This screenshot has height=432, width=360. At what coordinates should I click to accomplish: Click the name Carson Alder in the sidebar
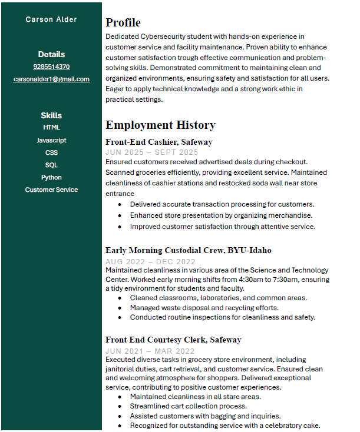pyautogui.click(x=51, y=19)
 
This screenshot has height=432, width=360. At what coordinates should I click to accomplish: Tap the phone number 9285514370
pyautogui.click(x=51, y=67)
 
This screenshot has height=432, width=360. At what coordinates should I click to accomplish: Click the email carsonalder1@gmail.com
pyautogui.click(x=51, y=79)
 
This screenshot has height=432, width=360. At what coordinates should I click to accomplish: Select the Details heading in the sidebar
pyautogui.click(x=51, y=54)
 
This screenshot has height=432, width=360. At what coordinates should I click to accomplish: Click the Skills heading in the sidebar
pyautogui.click(x=51, y=115)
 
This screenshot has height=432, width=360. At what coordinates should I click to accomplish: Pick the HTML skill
pyautogui.click(x=51, y=127)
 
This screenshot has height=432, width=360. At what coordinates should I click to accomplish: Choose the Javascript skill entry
pyautogui.click(x=51, y=140)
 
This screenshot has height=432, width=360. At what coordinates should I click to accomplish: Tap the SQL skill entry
pyautogui.click(x=51, y=165)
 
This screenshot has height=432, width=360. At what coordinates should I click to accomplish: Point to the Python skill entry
pyautogui.click(x=51, y=177)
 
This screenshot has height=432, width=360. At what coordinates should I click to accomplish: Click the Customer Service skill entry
pyautogui.click(x=51, y=190)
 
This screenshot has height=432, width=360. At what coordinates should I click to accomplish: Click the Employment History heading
pyautogui.click(x=160, y=125)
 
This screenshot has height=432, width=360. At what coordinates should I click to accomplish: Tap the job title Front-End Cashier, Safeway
pyautogui.click(x=158, y=142)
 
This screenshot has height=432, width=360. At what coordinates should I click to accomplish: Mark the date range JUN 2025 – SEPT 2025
pyautogui.click(x=151, y=152)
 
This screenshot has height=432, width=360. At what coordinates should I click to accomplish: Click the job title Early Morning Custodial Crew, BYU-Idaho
pyautogui.click(x=188, y=250)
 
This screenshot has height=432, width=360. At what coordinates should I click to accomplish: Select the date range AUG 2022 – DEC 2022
pyautogui.click(x=150, y=261)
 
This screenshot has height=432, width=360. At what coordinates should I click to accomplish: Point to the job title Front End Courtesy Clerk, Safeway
pyautogui.click(x=173, y=340)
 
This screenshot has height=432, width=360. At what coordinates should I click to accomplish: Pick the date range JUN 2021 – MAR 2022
pyautogui.click(x=150, y=351)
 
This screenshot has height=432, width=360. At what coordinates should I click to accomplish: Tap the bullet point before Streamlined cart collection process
pyautogui.click(x=120, y=406)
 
